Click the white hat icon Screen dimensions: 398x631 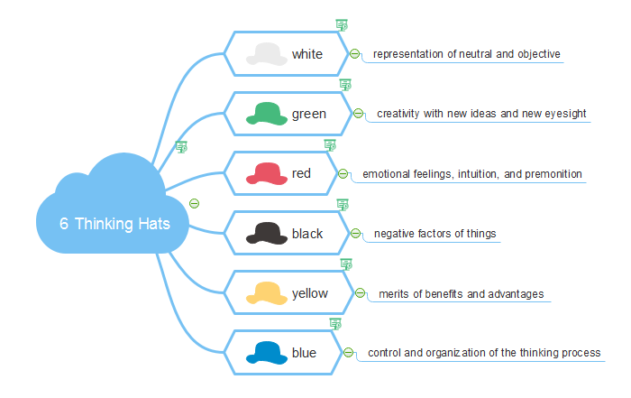pos(267,54)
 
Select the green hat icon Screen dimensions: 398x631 pos(267,114)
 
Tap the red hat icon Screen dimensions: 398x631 pos(267,173)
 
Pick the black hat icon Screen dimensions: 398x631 pos(267,234)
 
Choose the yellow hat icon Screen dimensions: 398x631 pos(267,293)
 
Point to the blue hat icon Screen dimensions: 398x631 pos(267,353)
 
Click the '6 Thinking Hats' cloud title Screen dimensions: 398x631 pos(114,224)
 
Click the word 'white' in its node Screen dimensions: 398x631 pos(306,55)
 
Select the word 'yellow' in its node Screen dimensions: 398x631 pos(310,293)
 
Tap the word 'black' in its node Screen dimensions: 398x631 pos(306,234)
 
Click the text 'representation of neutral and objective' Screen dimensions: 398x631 pos(466,54)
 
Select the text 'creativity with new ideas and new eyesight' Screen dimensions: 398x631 pos(481,114)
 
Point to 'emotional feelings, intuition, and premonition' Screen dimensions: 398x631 pos(471,173)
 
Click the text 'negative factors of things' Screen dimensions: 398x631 pos(434,234)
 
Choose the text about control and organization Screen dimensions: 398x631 pos(484,353)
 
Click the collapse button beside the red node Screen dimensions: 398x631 pos(343,173)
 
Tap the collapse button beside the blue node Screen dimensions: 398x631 pos(349,353)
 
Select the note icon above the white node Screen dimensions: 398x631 pos(341,24)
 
